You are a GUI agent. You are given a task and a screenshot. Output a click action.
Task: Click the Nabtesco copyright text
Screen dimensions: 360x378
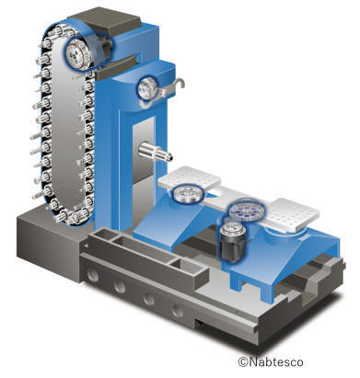pyautogui.click(x=271, y=361)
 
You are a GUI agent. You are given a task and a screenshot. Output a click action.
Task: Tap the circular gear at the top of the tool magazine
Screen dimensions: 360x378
pyautogui.click(x=79, y=54)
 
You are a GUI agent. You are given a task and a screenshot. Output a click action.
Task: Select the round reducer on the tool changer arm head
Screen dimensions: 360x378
pyautogui.click(x=147, y=87)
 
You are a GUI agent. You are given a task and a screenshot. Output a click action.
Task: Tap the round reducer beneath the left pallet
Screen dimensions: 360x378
pyautogui.click(x=187, y=194)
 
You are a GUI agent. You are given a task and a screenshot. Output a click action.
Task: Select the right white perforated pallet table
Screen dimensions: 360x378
pyautogui.click(x=292, y=213)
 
